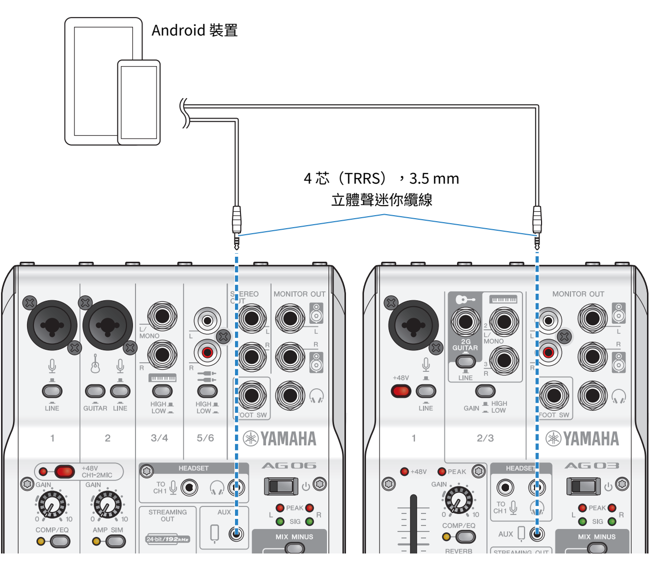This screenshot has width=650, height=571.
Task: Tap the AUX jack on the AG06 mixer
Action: tap(236, 534)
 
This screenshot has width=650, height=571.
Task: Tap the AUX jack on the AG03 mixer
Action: tap(537, 534)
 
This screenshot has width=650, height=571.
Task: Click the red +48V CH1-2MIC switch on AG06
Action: tap(63, 471)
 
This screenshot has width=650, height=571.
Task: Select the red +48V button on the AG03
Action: tap(401, 391)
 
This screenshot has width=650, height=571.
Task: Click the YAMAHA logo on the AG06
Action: tap(280, 439)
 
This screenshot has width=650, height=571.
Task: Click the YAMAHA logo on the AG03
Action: tap(582, 439)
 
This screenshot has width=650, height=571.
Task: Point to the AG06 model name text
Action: tap(289, 466)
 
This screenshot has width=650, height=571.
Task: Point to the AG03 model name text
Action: tap(591, 466)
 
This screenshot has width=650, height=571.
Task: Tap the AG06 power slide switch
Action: tap(280, 486)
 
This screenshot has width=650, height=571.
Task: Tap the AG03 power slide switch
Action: tap(582, 486)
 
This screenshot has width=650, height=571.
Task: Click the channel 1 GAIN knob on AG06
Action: tap(51, 504)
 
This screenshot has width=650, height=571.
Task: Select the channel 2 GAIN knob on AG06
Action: tap(107, 504)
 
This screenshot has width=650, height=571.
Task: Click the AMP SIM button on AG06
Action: tap(115, 541)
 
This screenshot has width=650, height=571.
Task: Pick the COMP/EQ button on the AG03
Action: tap(465, 536)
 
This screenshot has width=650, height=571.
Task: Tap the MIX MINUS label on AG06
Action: tap(294, 537)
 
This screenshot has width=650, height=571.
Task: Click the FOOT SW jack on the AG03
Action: tap(554, 395)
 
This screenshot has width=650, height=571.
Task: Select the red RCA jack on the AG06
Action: tap(207, 353)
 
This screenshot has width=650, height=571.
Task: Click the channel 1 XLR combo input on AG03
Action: tap(413, 325)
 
